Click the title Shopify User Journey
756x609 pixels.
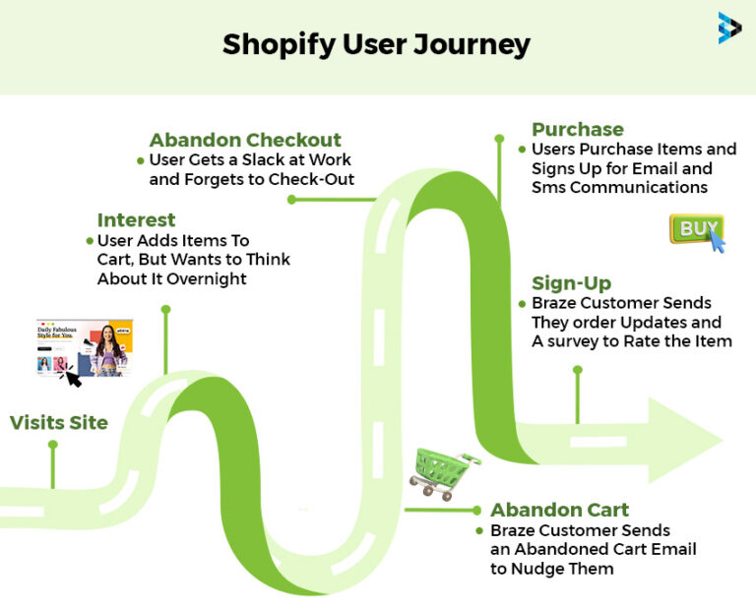[x=376, y=44]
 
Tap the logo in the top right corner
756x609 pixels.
[x=729, y=28]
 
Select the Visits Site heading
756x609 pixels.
[x=59, y=423]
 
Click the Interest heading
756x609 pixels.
[x=136, y=219]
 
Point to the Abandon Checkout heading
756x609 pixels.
[x=245, y=140]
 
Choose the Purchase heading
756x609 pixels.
[x=578, y=129]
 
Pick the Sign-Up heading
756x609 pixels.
[x=571, y=283]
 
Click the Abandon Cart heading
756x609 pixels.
[x=559, y=510]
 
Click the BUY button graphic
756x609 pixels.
[x=697, y=230]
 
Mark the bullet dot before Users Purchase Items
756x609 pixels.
[x=522, y=150]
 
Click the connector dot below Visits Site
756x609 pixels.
[x=52, y=445]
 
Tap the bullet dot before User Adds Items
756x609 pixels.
[x=90, y=240]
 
